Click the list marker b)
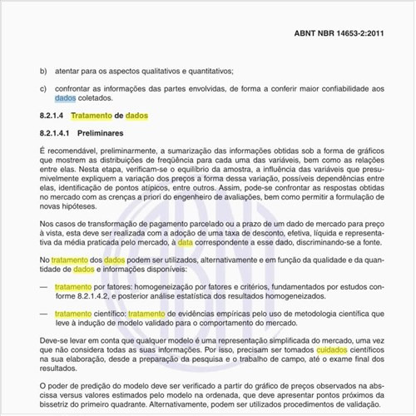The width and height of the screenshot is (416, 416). [42, 71]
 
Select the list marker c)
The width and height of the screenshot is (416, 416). [42, 89]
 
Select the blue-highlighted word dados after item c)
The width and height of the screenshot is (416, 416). [65, 99]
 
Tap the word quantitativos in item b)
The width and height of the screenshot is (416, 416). [206, 71]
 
